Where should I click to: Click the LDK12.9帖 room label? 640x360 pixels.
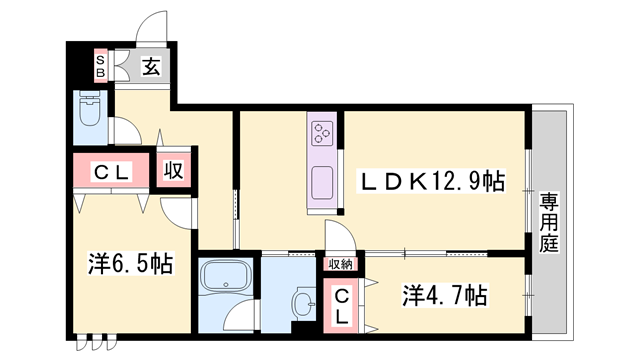coord(433,180)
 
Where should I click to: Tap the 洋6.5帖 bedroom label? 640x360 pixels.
coord(129,264)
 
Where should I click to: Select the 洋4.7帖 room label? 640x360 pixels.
coord(445,296)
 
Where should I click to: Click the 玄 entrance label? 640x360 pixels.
coord(150,67)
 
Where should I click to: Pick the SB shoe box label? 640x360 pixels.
coord(100,67)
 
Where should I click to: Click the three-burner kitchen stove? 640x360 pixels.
coord(322,133)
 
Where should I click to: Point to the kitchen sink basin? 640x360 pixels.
coord(322,184)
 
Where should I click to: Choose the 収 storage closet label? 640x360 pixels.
coord(173,170)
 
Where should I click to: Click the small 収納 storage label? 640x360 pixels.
coord(340,264)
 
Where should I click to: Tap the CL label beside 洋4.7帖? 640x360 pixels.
coord(340,306)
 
